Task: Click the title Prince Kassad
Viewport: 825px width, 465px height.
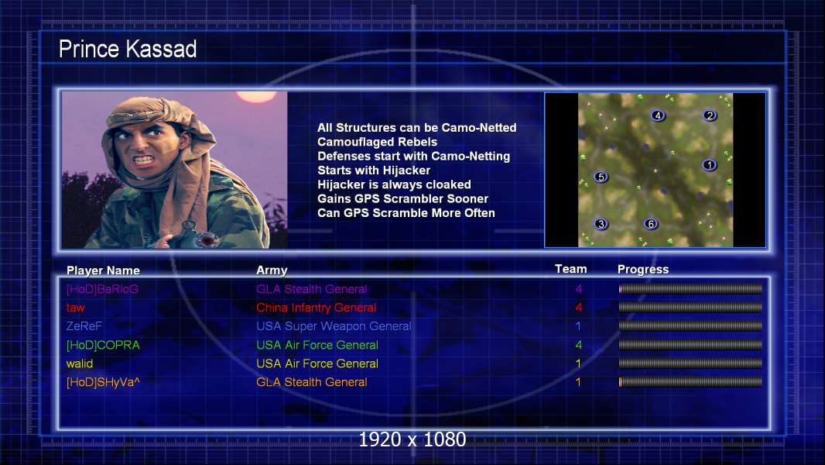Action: click(128, 49)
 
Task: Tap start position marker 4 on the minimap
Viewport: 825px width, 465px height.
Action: click(657, 115)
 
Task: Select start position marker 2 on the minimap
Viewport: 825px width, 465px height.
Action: click(710, 115)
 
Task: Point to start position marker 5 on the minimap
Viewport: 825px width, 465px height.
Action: click(601, 177)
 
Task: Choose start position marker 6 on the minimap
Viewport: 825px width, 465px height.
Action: click(651, 224)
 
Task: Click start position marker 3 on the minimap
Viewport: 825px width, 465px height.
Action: click(601, 224)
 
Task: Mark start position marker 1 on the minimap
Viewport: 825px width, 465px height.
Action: click(709, 165)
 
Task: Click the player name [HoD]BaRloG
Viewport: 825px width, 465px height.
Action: click(102, 289)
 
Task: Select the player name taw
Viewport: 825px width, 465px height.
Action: click(75, 308)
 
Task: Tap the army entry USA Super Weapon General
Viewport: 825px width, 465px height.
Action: click(334, 326)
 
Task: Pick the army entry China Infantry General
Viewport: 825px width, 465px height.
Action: click(317, 308)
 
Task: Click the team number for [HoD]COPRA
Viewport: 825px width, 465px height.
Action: click(578, 345)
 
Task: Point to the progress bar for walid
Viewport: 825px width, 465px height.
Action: click(690, 363)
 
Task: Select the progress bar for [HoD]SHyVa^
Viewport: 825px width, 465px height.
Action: click(690, 382)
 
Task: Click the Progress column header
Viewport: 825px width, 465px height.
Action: click(643, 270)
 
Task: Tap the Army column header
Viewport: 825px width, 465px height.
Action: click(272, 270)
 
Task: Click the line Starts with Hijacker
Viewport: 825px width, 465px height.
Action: click(374, 170)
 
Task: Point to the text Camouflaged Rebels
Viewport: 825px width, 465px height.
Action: click(377, 142)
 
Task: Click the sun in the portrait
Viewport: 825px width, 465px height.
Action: click(257, 96)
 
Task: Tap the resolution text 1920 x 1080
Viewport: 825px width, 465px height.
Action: click(412, 439)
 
